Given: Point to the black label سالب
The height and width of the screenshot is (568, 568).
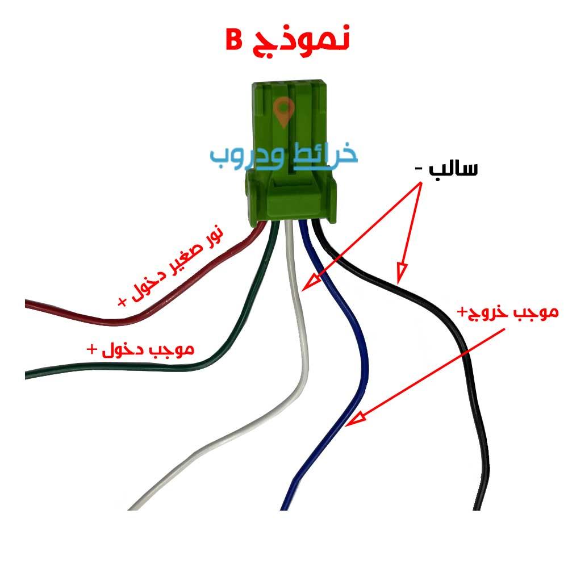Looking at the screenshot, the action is click(x=453, y=169).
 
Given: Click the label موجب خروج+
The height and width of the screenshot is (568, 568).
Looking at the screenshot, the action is click(x=508, y=312).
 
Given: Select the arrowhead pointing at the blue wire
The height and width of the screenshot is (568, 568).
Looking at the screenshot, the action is click(x=355, y=419).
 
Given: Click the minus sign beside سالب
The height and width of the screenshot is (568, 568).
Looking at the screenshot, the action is click(x=419, y=169).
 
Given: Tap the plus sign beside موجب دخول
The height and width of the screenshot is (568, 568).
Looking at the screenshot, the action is click(x=92, y=349).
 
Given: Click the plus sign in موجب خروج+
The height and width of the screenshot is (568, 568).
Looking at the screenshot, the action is click(x=462, y=311).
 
